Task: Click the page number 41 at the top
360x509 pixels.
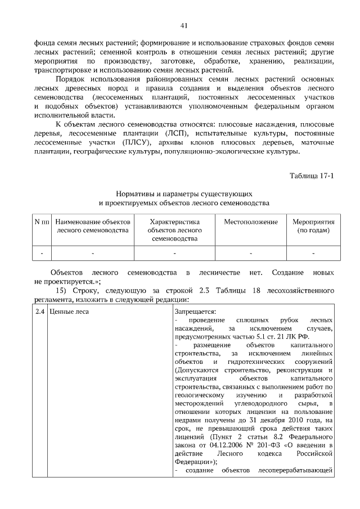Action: pos(183,25)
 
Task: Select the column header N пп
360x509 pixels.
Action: pos(42,222)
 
